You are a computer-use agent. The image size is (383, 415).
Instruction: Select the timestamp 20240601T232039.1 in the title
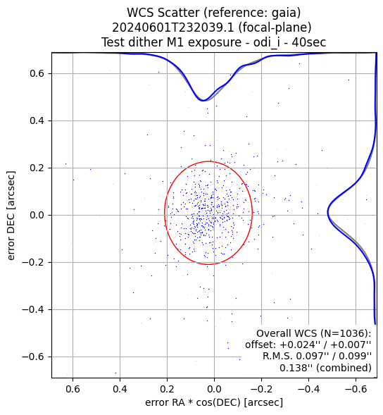(173, 27)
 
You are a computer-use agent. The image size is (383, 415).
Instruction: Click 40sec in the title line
(308, 42)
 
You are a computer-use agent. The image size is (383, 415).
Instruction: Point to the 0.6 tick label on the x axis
(73, 389)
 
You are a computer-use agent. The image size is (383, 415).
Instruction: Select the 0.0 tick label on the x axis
(214, 389)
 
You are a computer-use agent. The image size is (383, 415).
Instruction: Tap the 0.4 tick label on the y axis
(37, 120)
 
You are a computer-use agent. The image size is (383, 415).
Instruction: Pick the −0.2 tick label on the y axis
(33, 262)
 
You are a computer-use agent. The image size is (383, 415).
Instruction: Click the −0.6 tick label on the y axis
(33, 357)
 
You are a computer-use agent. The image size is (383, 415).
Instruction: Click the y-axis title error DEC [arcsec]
(11, 216)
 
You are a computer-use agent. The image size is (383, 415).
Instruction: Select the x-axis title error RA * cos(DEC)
(193, 402)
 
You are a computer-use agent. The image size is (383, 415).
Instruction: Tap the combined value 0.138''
(294, 368)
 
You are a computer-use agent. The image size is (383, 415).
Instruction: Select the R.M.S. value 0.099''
(356, 357)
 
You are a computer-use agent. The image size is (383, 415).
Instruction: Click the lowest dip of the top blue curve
(203, 101)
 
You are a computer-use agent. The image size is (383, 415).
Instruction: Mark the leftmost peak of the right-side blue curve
(327, 212)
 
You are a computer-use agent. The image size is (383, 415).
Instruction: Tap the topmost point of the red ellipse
(208, 161)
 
